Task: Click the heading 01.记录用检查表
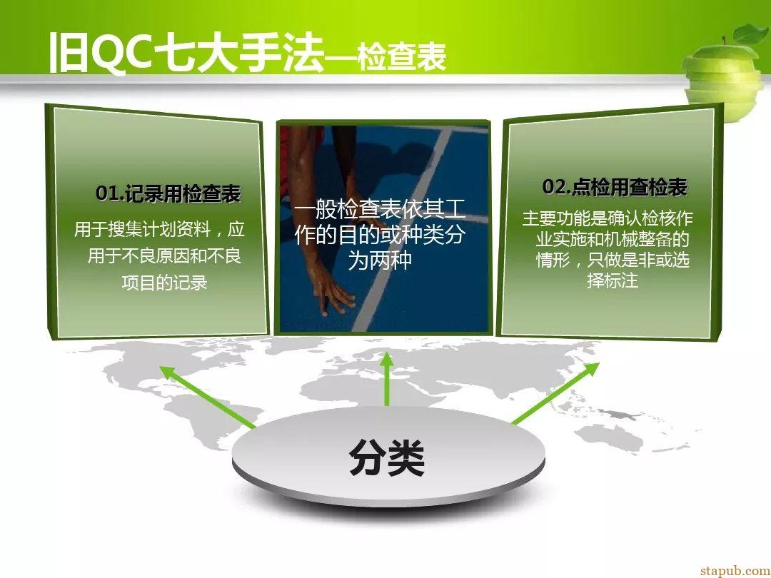(168, 193)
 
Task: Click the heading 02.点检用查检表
(615, 187)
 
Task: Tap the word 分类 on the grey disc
(387, 457)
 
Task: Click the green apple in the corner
(725, 77)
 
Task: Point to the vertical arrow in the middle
(387, 379)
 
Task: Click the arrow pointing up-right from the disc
(556, 392)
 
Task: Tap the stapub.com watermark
(735, 570)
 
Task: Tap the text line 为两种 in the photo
(380, 260)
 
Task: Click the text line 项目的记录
(164, 283)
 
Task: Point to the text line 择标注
(613, 280)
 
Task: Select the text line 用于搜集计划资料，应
(159, 230)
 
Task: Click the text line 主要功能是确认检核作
(608, 218)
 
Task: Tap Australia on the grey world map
(610, 437)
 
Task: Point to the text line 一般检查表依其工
(380, 210)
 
